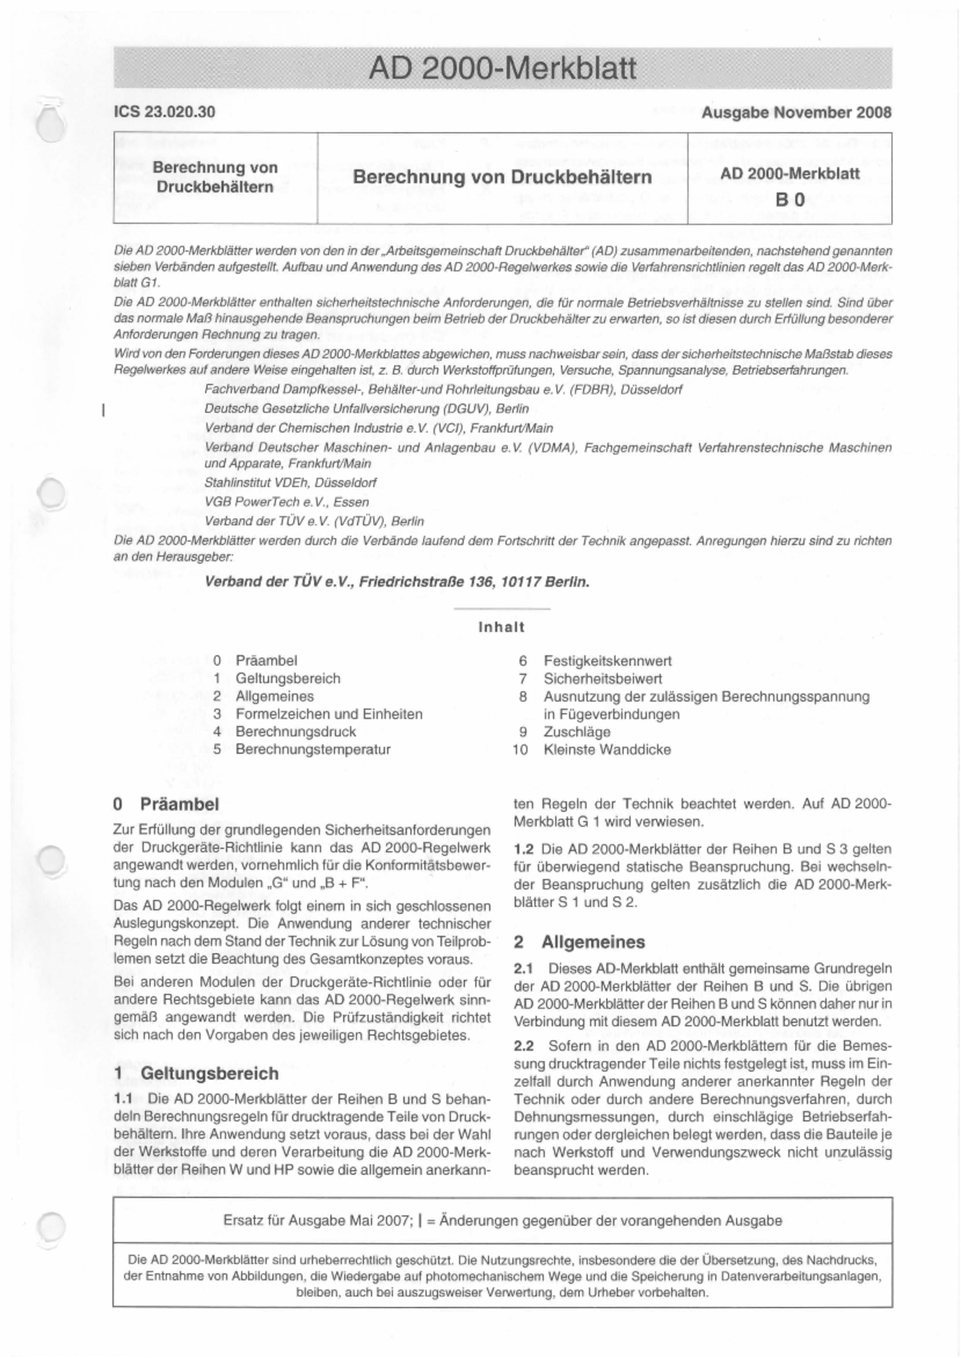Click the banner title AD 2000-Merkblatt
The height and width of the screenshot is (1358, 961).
point(502,69)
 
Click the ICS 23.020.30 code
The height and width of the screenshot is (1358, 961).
point(164,112)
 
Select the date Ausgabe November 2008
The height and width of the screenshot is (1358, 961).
point(795,112)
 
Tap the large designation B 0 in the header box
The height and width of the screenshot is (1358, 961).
point(790,199)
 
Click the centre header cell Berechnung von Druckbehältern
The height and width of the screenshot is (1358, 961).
point(502,176)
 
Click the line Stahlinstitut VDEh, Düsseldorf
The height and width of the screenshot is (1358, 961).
point(290,483)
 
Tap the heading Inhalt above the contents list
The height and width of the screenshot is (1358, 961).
point(501,627)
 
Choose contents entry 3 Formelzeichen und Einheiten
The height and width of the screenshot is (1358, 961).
point(328,714)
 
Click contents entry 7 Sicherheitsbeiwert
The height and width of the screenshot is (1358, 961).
point(602,679)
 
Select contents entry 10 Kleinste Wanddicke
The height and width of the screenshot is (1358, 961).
point(606,750)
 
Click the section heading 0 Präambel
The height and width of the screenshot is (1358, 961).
point(167,804)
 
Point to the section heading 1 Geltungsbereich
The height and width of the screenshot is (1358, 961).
point(197,1074)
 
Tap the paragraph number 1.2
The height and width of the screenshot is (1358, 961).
point(524,849)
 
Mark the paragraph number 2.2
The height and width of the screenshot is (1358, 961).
point(524,1046)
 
